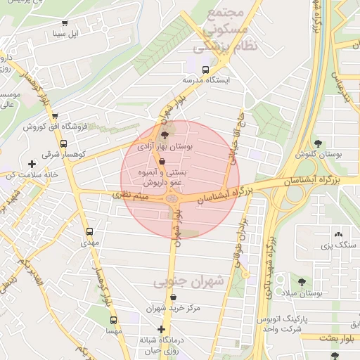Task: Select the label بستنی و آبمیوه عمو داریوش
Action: coord(163,176)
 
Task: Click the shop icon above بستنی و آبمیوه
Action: coord(163,162)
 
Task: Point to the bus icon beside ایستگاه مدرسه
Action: coord(205,70)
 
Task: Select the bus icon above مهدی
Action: coord(89,231)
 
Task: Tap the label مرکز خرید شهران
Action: coord(174,307)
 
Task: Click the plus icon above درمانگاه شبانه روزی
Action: coord(162,329)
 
